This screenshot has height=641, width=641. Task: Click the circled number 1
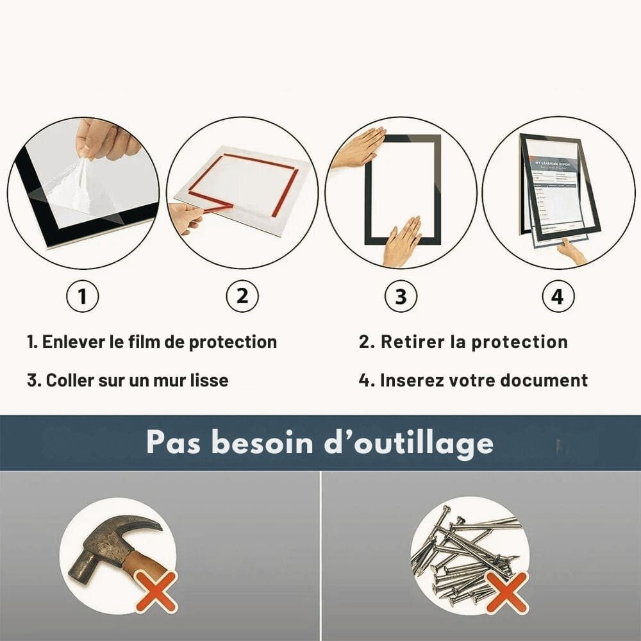pyautogui.click(x=82, y=297)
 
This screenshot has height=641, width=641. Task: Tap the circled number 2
pyautogui.click(x=242, y=297)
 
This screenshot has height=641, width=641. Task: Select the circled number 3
pyautogui.click(x=401, y=297)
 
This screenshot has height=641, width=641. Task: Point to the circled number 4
pyautogui.click(x=558, y=297)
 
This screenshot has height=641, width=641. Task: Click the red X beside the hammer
pyautogui.click(x=156, y=591)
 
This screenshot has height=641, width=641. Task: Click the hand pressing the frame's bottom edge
pyautogui.click(x=401, y=242)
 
